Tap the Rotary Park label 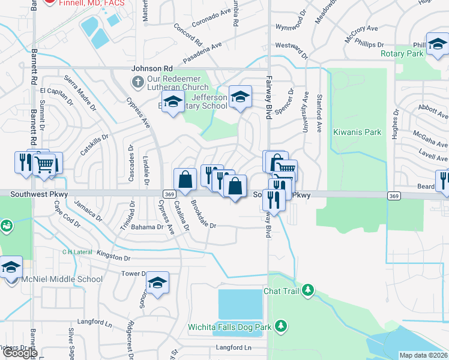(x=402, y=54)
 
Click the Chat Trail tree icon (x=308, y=291)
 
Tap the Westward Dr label (x=292, y=49)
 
